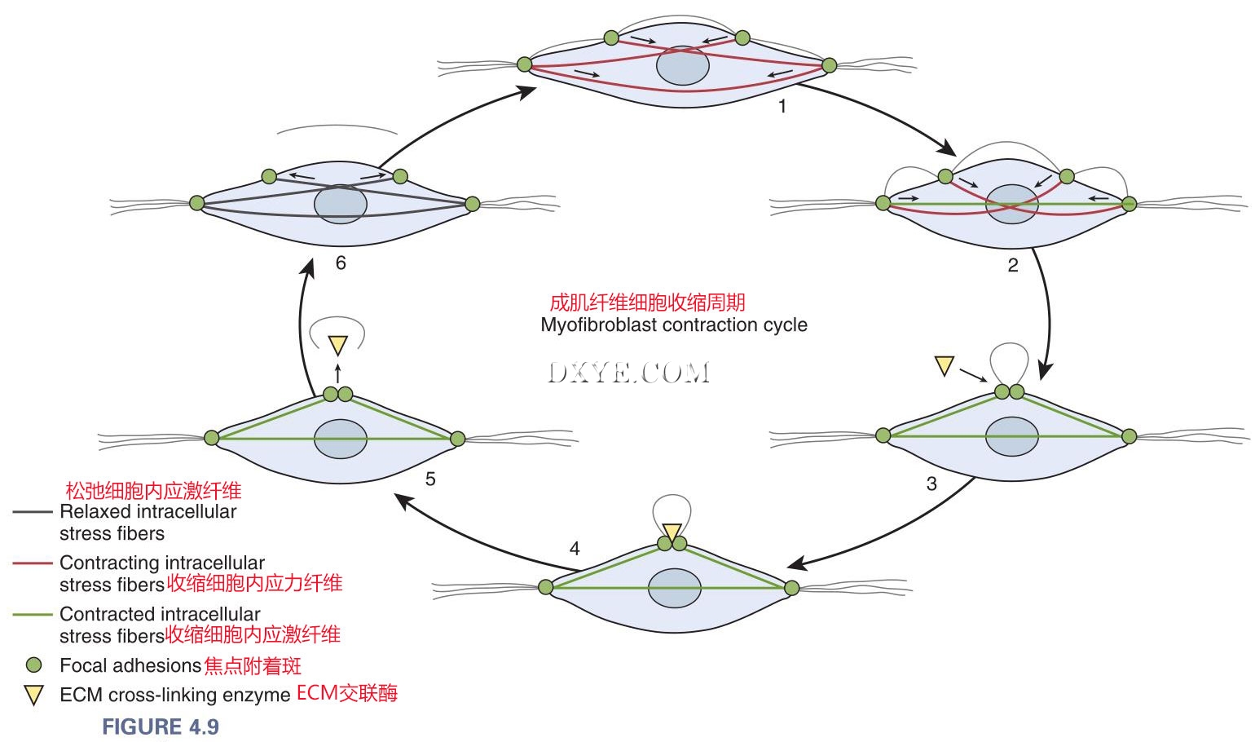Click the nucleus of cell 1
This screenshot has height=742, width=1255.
(683, 66)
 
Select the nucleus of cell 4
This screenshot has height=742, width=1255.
(675, 588)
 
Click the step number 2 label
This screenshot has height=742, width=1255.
(1013, 266)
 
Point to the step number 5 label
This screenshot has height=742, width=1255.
(430, 479)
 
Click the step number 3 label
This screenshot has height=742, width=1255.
(931, 484)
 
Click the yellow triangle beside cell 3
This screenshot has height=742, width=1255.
(944, 365)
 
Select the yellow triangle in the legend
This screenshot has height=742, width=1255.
(33, 696)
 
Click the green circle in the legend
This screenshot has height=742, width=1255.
(33, 665)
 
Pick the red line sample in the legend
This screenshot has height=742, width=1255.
(33, 563)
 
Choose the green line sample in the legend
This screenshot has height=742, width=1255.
(33, 614)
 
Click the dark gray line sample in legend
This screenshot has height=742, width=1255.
(33, 512)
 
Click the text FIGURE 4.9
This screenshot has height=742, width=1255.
(161, 727)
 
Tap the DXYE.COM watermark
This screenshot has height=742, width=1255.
(628, 373)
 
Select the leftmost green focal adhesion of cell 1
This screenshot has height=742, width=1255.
(525, 64)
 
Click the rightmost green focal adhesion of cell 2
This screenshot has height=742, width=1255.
(1129, 204)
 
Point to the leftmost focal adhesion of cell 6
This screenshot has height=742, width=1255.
(196, 202)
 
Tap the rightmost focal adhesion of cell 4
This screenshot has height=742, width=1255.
(791, 587)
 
